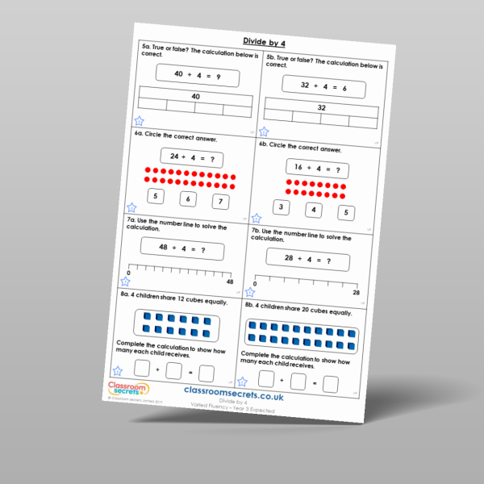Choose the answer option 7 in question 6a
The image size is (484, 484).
point(221,201)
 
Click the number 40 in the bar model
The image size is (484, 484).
point(195,97)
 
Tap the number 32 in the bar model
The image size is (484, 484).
point(321,107)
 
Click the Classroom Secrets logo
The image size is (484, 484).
point(128,390)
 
